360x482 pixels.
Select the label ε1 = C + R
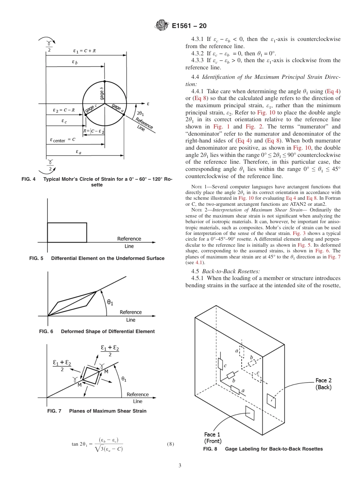[x=84, y=50]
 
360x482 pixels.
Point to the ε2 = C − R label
[x=64, y=110]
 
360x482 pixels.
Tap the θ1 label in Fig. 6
[x=110, y=302]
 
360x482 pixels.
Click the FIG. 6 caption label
[x=46, y=331]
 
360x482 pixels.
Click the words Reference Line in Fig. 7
[x=138, y=397]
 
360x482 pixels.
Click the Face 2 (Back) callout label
[x=324, y=384]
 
